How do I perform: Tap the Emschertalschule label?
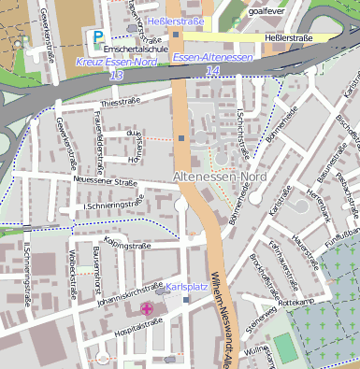pos(136,49)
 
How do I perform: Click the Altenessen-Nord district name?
pos(221,177)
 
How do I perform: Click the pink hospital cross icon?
pos(147,308)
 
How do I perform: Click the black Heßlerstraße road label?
pos(289,37)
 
